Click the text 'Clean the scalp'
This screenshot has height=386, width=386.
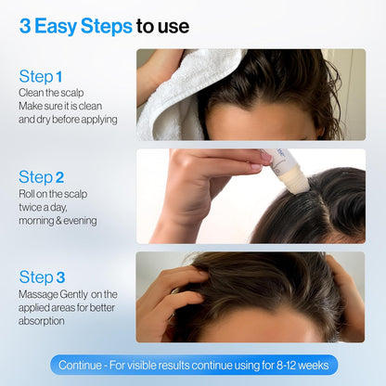pos(52,93)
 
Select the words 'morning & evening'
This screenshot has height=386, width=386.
pos(58,220)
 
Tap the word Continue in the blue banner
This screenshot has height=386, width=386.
pos(81,365)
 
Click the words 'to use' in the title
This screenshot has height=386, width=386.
pos(162,25)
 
